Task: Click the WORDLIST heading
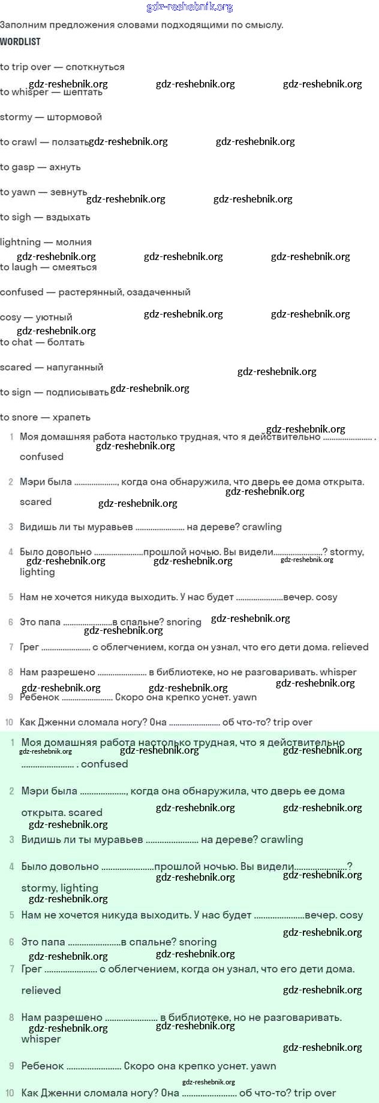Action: point(20,41)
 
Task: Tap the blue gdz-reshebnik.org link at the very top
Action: point(189,7)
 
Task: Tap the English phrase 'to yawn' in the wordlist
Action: point(17,192)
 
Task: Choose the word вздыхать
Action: point(68,217)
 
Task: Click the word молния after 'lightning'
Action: point(73,242)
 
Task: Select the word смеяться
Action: point(74,267)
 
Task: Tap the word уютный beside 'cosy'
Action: point(53,317)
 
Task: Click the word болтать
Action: point(66,342)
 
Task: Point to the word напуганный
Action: point(75,367)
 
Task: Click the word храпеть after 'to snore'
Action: point(71,417)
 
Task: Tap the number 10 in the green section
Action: point(10,1093)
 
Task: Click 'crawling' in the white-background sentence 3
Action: point(261,527)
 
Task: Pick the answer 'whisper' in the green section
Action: point(41,1039)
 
